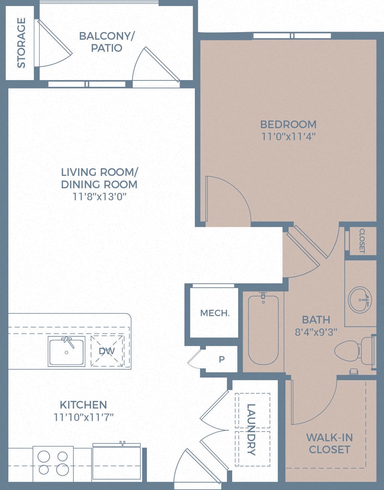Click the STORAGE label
point(21,43)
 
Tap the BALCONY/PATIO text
point(106,42)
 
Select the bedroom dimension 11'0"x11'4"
point(288,137)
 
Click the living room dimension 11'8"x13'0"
point(99,197)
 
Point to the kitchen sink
point(66,351)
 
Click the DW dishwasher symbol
point(107,351)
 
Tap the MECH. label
point(215,313)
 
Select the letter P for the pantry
point(222,359)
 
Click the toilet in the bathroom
point(354,350)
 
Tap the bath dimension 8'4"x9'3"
point(316,332)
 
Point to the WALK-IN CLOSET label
point(329,443)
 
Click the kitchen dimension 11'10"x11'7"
point(83,417)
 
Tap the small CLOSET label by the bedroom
point(362,240)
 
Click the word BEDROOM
point(288,124)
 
